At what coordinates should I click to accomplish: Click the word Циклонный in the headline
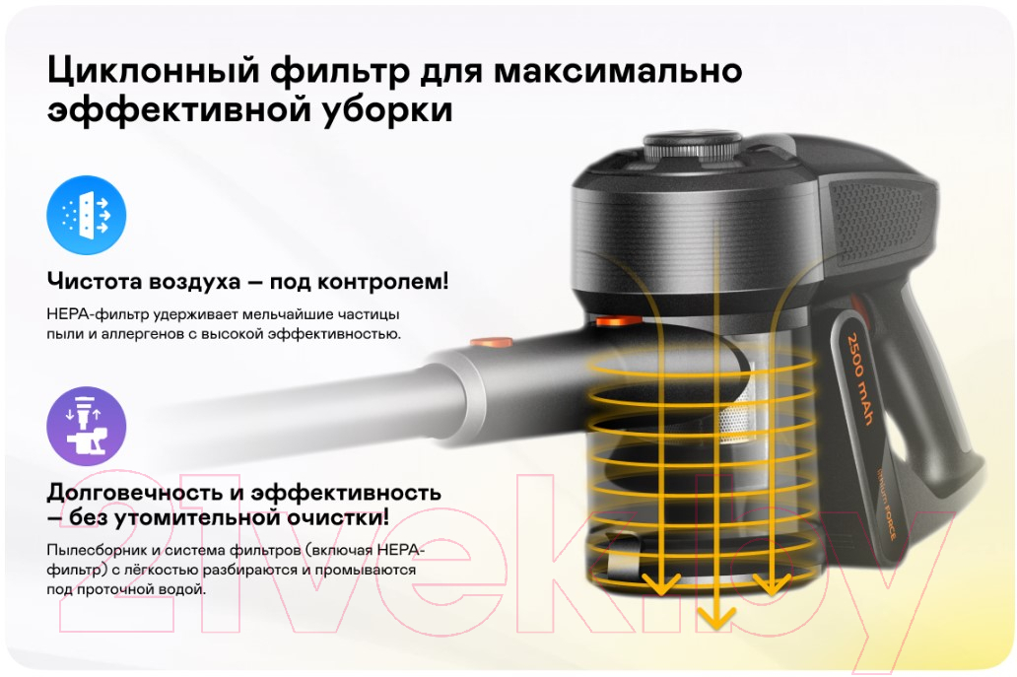(154, 71)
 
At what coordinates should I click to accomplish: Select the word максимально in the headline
(618, 71)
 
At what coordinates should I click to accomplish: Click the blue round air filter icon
(87, 215)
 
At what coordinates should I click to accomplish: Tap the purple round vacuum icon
(87, 426)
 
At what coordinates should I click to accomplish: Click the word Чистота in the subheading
(95, 282)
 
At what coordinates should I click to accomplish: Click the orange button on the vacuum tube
(491, 343)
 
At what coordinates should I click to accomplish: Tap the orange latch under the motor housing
(618, 320)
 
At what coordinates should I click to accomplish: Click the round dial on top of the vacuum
(692, 147)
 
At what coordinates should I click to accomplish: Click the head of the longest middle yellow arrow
(715, 617)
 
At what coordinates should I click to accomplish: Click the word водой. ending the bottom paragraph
(185, 589)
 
